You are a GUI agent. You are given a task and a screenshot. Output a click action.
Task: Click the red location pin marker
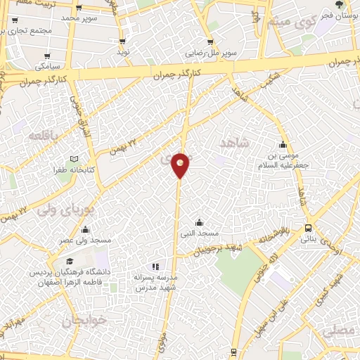coord(181,165)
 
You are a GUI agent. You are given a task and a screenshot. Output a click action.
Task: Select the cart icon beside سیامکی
coord(47,56)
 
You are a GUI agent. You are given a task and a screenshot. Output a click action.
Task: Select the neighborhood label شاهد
coord(235,143)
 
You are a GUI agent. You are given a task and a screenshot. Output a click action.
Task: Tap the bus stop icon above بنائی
coord(309,228)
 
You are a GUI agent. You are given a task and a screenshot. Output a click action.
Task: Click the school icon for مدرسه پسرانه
coord(156,266)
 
